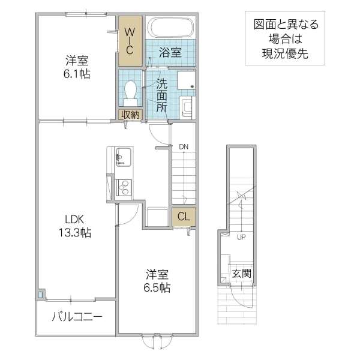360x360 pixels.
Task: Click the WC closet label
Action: [129, 40]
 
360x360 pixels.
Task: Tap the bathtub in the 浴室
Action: [170, 28]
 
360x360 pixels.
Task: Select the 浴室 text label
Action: [170, 53]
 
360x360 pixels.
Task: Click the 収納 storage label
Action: [130, 115]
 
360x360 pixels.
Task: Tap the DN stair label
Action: [183, 146]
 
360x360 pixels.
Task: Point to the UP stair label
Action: [242, 236]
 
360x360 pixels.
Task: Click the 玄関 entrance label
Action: [242, 274]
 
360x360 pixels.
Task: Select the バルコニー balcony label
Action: [77, 317]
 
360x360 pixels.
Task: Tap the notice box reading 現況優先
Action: [286, 52]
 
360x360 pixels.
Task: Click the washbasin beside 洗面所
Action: [187, 108]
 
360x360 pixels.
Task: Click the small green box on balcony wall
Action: [41, 295]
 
